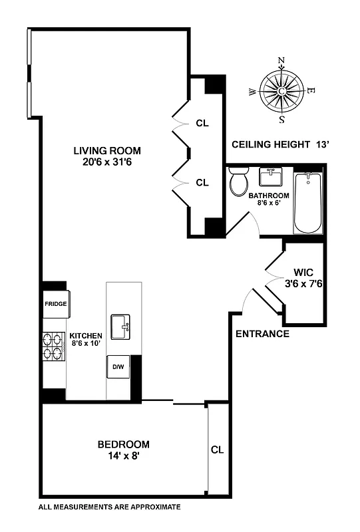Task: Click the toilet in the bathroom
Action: coord(238,182)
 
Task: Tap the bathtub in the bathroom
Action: coord(307,203)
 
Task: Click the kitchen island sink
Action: coord(123,327)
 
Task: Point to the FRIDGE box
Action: coord(55,303)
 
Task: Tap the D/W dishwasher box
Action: coord(118,366)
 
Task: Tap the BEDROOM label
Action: coord(123,444)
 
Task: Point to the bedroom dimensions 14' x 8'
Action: coord(123,456)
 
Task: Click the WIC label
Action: coord(303,272)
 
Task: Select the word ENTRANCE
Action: coord(262,334)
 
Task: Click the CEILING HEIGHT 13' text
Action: coord(279,144)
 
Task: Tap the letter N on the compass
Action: coord(281,61)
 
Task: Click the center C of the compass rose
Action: coord(281,92)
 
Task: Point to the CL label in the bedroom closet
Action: coord(217,450)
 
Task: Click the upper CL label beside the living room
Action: coord(202,123)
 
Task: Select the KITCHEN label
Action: coord(86,336)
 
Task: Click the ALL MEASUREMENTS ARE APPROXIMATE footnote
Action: coord(109,507)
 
